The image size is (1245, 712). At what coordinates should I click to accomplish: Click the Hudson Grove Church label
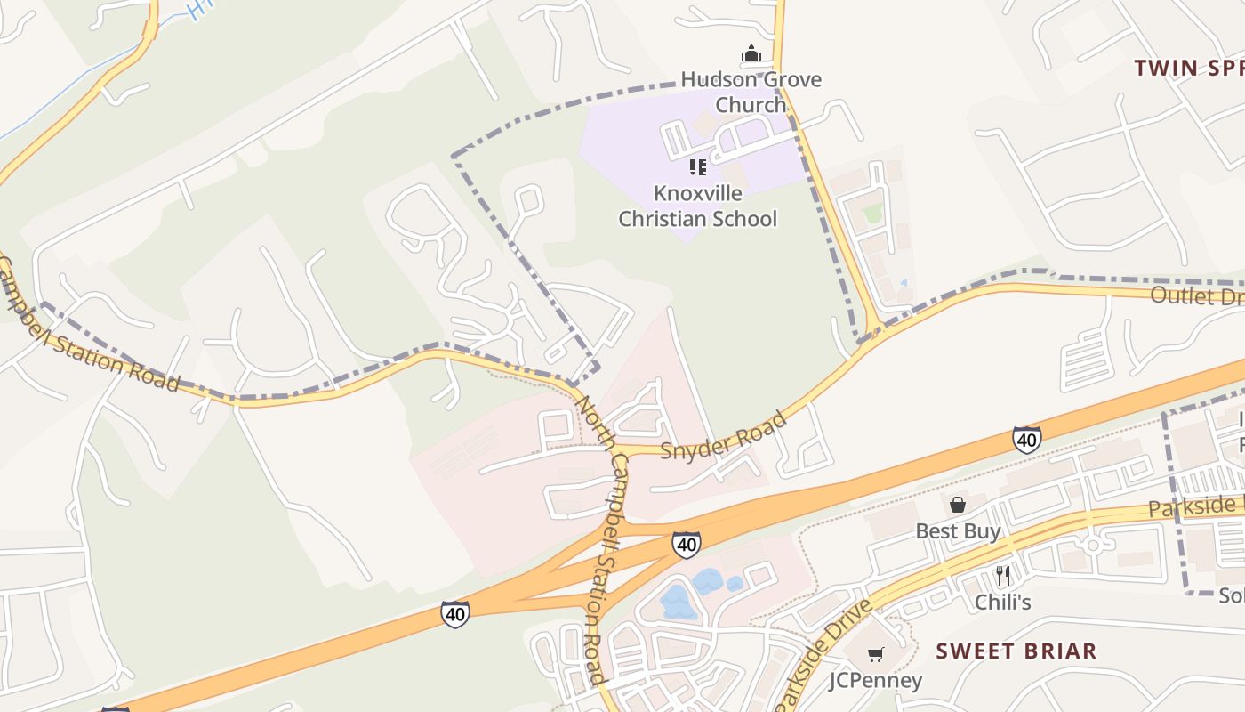[x=751, y=92]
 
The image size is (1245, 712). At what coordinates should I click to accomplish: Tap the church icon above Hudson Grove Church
[x=751, y=55]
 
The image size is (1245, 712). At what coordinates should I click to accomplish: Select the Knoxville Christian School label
[x=697, y=206]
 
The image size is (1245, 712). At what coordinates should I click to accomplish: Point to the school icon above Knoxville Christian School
[x=698, y=166]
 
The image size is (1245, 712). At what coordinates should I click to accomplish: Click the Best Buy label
[x=958, y=531]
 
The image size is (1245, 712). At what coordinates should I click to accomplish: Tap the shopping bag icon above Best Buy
[x=958, y=505]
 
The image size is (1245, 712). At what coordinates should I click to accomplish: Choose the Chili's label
[x=1002, y=602]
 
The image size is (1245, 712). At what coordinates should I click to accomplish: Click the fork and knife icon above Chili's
[x=1003, y=576]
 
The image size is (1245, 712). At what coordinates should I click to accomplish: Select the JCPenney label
[x=875, y=680]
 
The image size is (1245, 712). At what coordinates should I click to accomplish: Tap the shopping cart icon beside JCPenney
[x=875, y=655]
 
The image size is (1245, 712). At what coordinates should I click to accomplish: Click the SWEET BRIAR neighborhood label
[x=1016, y=651]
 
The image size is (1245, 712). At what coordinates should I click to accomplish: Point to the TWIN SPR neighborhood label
[x=1188, y=68]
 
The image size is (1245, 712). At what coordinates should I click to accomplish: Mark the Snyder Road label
[x=724, y=435]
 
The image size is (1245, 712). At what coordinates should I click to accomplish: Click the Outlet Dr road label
[x=1196, y=295]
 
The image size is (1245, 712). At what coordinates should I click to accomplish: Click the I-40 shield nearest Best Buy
[x=1026, y=439]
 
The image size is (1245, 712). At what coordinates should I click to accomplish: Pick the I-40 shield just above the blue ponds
[x=686, y=544]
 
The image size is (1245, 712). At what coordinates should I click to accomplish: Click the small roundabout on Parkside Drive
[x=1093, y=544]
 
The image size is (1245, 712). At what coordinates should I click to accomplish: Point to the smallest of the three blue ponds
[x=735, y=584]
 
